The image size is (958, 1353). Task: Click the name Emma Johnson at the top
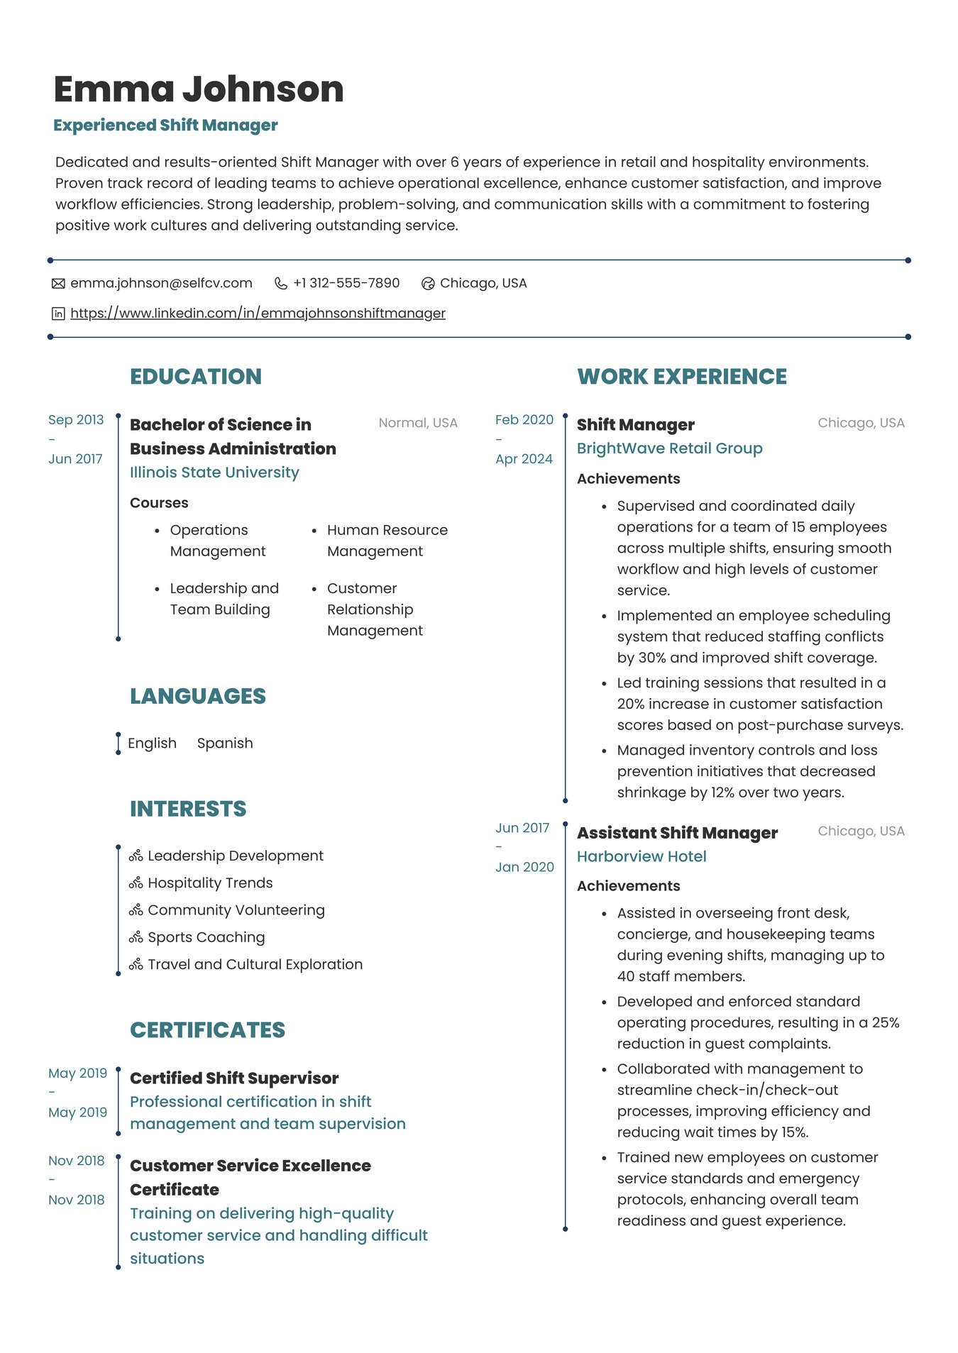click(x=199, y=89)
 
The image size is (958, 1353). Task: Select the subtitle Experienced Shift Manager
click(x=165, y=126)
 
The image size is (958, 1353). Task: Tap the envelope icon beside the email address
click(x=58, y=284)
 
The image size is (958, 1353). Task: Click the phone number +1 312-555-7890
click(x=346, y=283)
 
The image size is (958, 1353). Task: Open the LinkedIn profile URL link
click(x=258, y=313)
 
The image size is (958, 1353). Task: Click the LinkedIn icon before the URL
click(x=58, y=314)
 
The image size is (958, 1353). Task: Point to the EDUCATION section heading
click(x=196, y=377)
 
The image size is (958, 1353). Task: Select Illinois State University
click(x=214, y=473)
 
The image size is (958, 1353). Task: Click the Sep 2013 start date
click(x=76, y=420)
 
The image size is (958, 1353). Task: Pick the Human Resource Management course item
click(x=387, y=541)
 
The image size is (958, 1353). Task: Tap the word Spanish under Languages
click(x=225, y=744)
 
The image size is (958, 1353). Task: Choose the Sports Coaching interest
click(x=206, y=937)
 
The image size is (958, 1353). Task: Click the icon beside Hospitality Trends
click(x=136, y=883)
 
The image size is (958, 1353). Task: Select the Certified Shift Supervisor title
click(x=234, y=1078)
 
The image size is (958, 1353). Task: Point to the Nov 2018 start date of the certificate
click(x=77, y=1161)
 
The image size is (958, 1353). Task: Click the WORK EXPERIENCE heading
click(x=681, y=377)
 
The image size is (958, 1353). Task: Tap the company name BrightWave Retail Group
click(x=669, y=448)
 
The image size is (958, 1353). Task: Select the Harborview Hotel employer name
click(x=642, y=856)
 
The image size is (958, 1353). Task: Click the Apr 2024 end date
click(x=524, y=459)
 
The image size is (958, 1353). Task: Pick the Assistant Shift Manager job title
click(x=677, y=833)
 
